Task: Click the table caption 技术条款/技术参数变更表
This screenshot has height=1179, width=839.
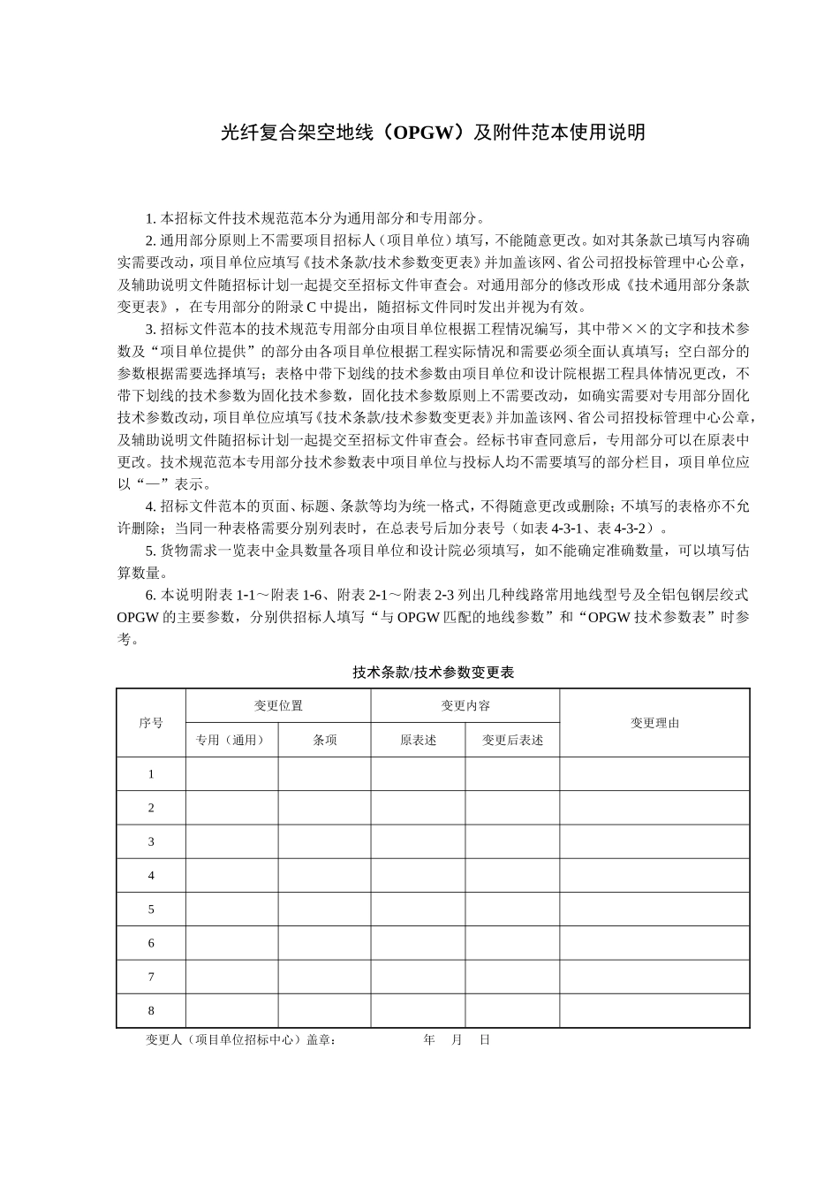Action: pyautogui.click(x=433, y=673)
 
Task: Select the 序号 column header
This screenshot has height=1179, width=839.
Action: pyautogui.click(x=151, y=723)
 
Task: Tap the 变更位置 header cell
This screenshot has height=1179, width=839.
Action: pyautogui.click(x=278, y=706)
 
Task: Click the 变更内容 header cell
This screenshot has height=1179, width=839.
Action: pyautogui.click(x=465, y=706)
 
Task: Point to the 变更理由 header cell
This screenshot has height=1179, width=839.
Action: pyautogui.click(x=654, y=723)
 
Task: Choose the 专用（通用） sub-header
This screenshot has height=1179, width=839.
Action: pyautogui.click(x=231, y=741)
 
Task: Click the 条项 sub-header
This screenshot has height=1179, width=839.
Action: pyautogui.click(x=324, y=741)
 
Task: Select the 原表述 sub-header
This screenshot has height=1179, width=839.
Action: pyautogui.click(x=418, y=741)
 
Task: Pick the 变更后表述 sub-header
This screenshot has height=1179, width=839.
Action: pyautogui.click(x=512, y=741)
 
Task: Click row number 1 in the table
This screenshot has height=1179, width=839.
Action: pyautogui.click(x=151, y=774)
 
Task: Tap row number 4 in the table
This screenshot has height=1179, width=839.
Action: pyautogui.click(x=151, y=876)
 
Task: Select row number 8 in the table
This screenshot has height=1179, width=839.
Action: pyautogui.click(x=151, y=1011)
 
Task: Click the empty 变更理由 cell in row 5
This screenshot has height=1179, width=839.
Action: pyautogui.click(x=654, y=909)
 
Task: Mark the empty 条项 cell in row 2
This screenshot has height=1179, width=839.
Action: pyautogui.click(x=324, y=808)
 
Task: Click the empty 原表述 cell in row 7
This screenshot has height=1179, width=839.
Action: pyautogui.click(x=418, y=977)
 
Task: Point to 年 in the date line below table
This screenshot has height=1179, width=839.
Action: pyautogui.click(x=429, y=1040)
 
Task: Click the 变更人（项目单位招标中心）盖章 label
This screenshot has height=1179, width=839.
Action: pyautogui.click(x=240, y=1040)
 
